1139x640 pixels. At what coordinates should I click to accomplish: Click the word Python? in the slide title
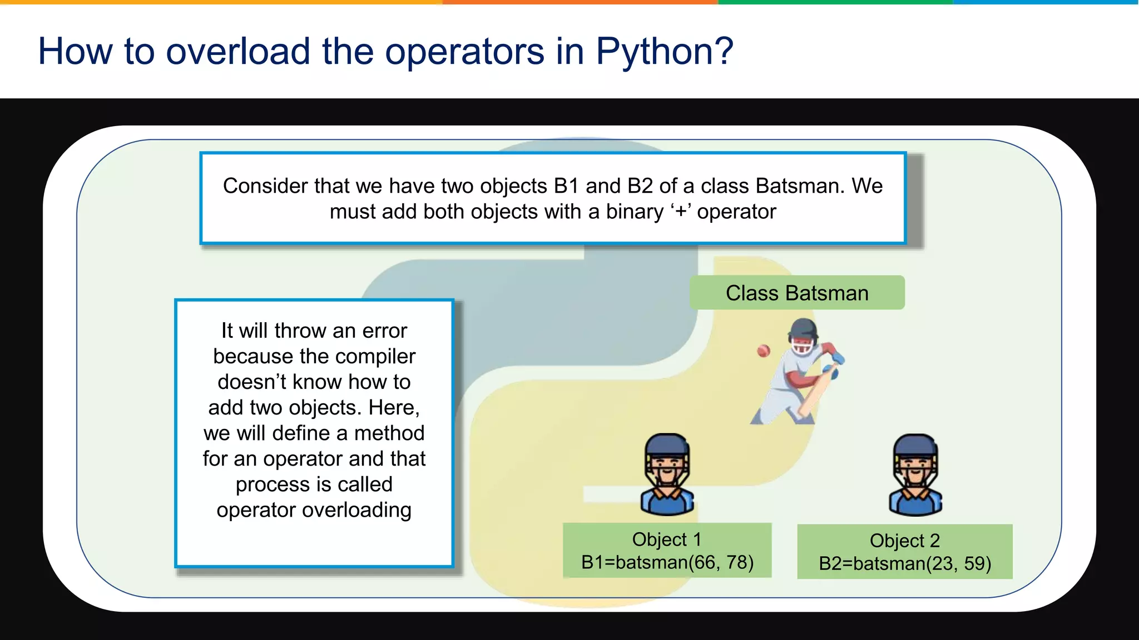point(664,52)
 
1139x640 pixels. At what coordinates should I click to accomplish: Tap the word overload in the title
point(238,52)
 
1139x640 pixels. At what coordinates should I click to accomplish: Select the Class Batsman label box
point(796,293)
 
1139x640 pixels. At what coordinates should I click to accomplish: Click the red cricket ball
point(764,351)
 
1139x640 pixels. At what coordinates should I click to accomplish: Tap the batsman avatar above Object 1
point(667,474)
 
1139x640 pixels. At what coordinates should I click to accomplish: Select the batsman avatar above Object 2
point(915,476)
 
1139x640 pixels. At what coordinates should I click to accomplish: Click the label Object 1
point(666,539)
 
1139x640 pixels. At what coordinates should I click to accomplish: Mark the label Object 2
point(904,541)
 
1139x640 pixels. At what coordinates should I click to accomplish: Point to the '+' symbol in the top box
point(681,212)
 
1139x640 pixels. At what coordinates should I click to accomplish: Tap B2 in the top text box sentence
point(640,186)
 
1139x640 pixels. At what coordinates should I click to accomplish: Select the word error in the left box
point(385,331)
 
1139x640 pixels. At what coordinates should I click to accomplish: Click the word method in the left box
point(389,433)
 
